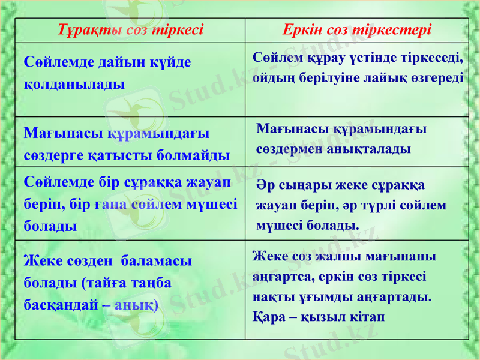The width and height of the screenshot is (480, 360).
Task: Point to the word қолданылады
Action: tap(74, 83)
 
